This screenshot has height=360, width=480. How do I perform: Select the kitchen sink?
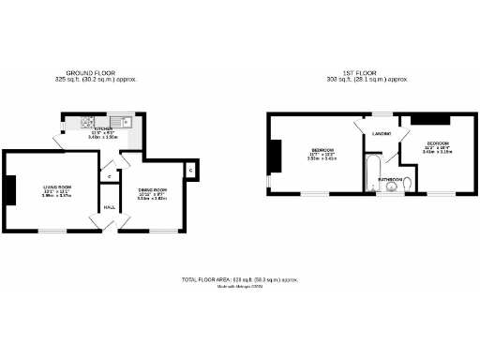(121, 121)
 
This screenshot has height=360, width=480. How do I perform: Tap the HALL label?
(109, 206)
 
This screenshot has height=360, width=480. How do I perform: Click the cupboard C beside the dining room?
(189, 170)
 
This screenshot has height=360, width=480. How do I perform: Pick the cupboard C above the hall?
(111, 175)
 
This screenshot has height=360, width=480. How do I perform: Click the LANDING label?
(381, 134)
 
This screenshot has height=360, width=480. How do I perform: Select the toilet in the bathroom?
(407, 187)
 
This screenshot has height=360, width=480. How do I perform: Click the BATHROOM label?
(391, 178)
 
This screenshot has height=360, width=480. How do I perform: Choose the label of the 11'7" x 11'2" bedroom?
(322, 153)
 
